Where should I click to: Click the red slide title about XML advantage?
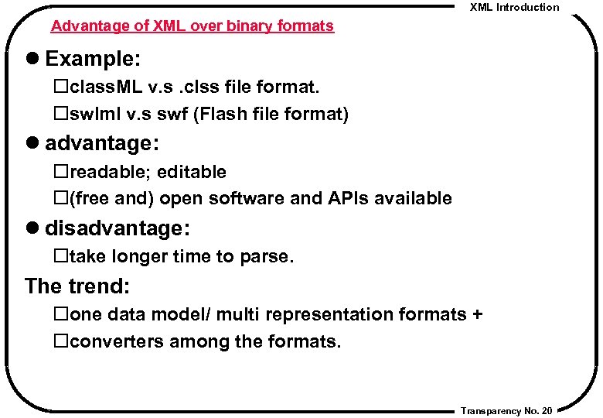pyautogui.click(x=192, y=26)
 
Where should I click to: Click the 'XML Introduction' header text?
pyautogui.click(x=514, y=7)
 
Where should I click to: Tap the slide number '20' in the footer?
pyautogui.click(x=547, y=410)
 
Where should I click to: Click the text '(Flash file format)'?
pyautogui.click(x=271, y=115)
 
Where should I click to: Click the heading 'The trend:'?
pyautogui.click(x=77, y=286)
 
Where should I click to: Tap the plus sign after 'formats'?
pyautogui.click(x=477, y=314)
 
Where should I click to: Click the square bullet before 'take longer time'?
pyautogui.click(x=60, y=256)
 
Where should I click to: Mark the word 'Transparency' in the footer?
pyautogui.click(x=491, y=410)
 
